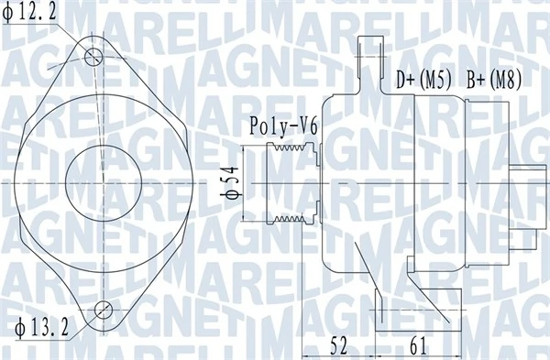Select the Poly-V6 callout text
(283, 126)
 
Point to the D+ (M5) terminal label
(423, 80)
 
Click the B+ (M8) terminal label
(494, 80)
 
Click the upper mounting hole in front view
(93, 57)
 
